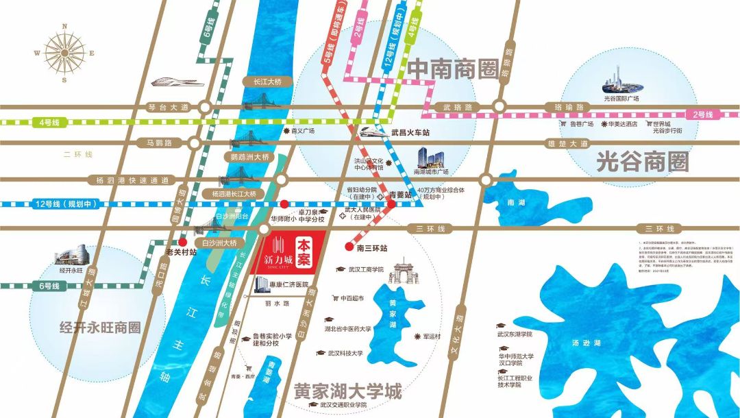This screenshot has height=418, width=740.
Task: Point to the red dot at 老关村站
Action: tap(183, 242)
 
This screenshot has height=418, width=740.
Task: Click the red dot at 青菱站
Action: tap(391, 204)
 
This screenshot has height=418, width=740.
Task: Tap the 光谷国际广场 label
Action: tap(621, 98)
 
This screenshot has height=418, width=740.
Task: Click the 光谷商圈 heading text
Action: tap(642, 162)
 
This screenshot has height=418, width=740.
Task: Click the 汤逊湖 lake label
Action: tap(587, 343)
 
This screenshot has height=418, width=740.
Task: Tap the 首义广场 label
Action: tap(301, 130)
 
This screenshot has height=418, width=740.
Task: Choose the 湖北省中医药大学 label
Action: tap(347, 329)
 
